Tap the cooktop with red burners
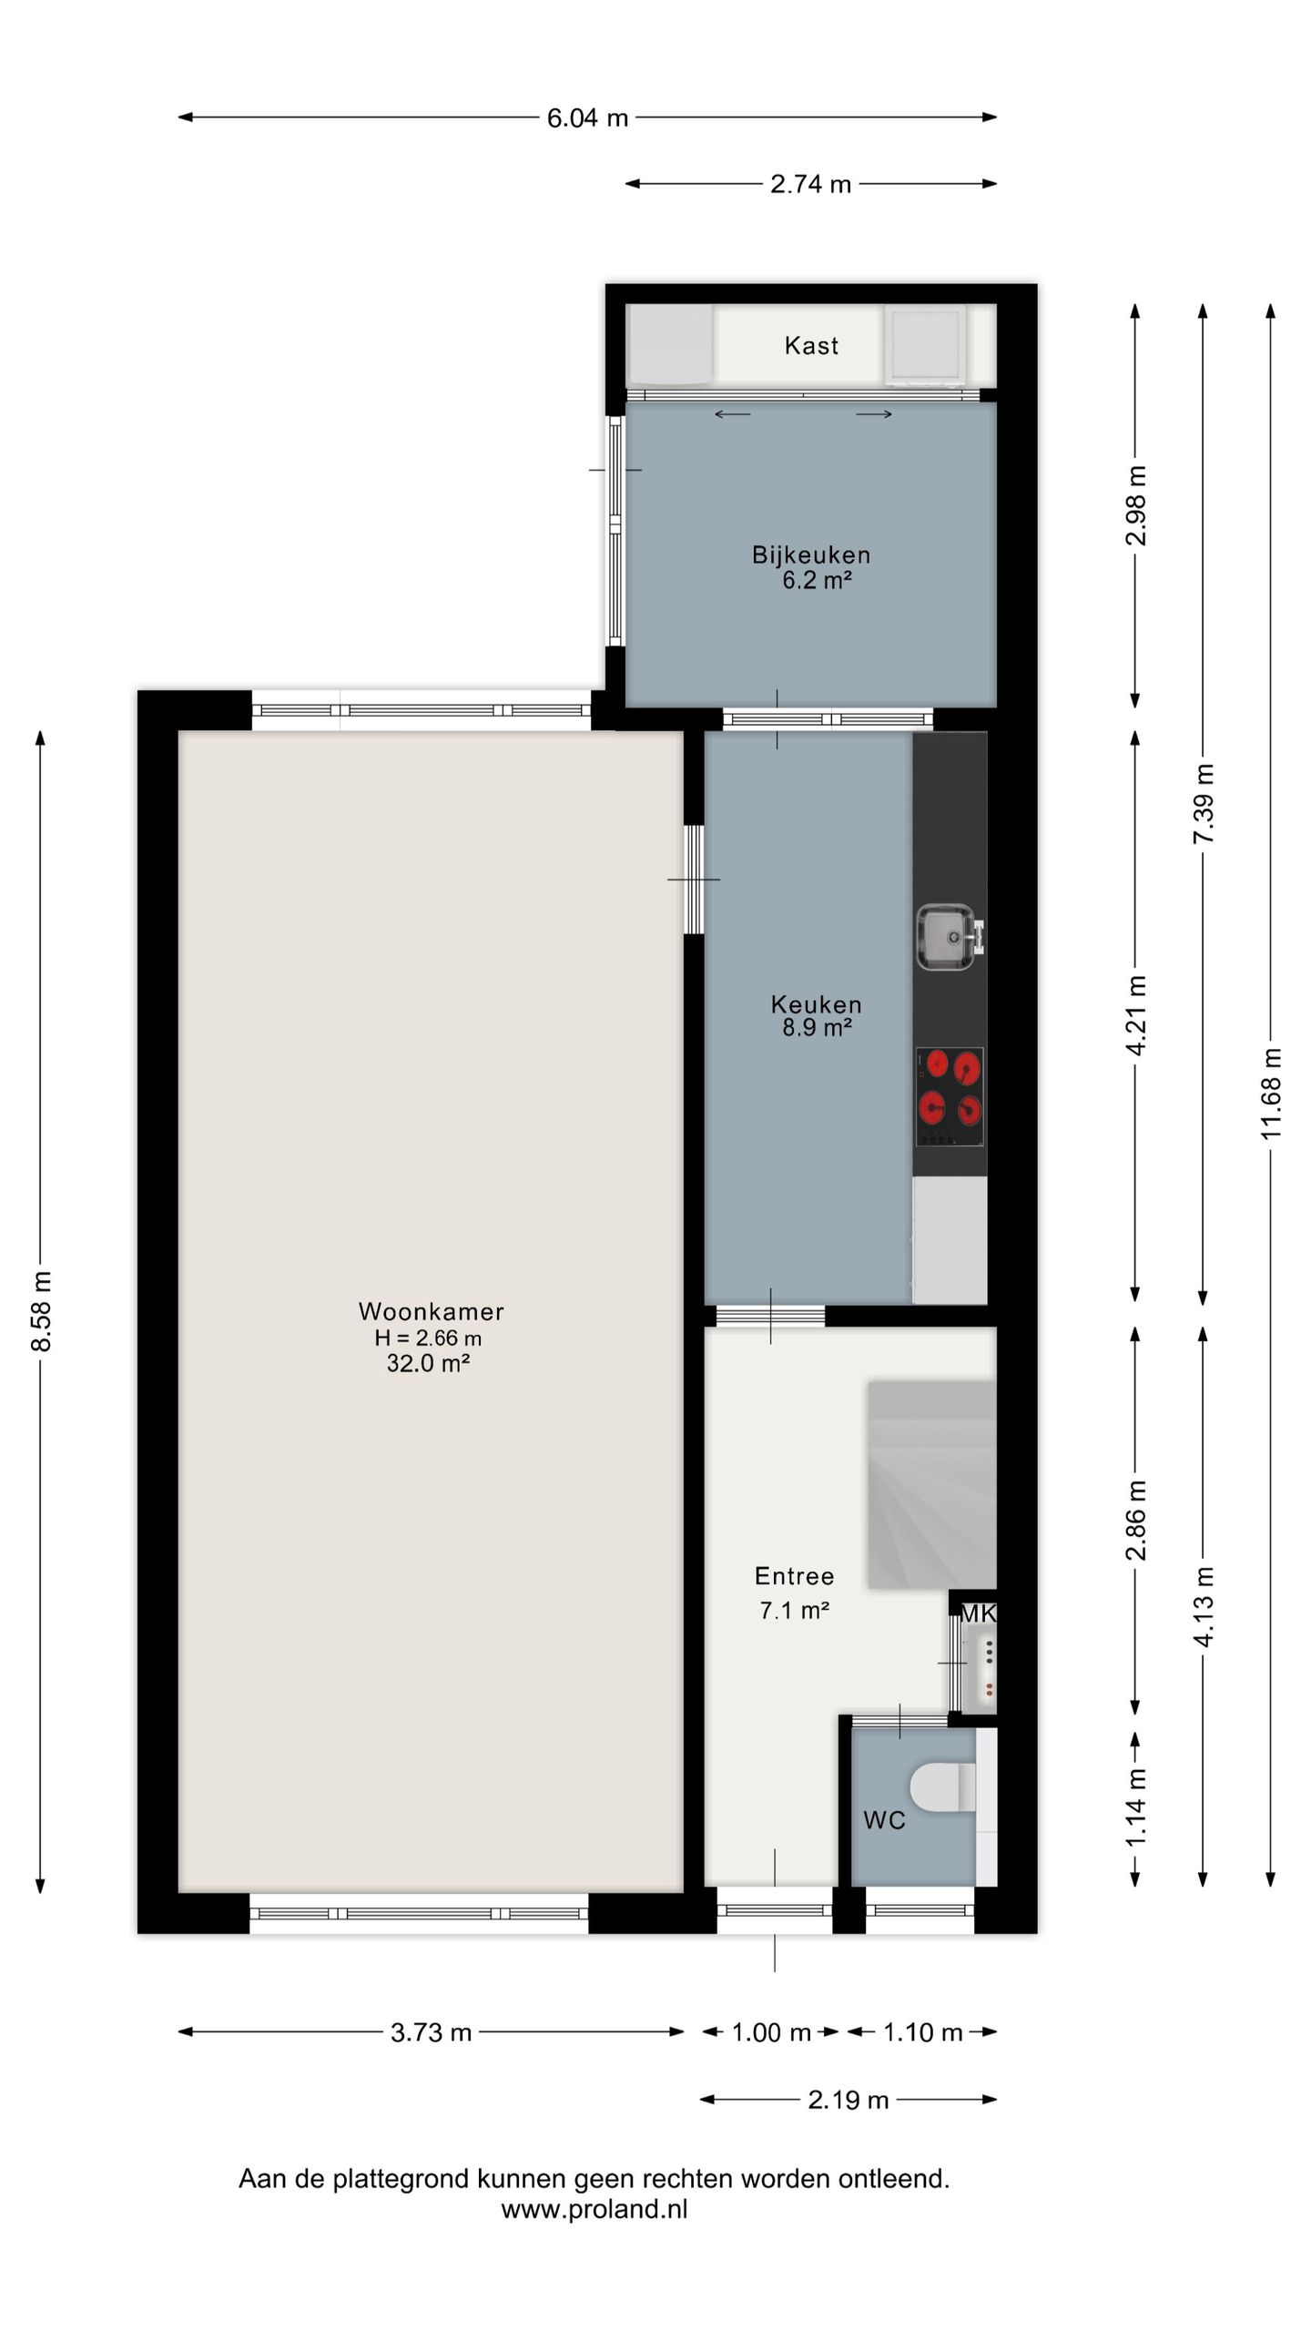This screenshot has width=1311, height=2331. coord(950,1096)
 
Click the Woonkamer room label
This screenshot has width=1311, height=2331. coord(431,1311)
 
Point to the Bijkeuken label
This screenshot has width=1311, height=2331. coord(810,555)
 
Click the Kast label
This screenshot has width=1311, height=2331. coord(811,346)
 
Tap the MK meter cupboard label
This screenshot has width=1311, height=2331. coord(979,1613)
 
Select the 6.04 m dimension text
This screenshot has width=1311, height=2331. coord(587,118)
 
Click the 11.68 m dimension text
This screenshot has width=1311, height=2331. coord(1271,1093)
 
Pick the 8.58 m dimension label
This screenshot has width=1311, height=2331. coord(42,1311)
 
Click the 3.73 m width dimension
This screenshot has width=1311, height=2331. coord(431,2032)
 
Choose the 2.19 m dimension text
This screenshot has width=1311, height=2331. coord(848,2100)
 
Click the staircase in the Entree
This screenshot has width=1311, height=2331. coord(931,1485)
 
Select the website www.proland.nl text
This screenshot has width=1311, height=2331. coord(594,2209)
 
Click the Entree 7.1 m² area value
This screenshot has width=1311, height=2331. coord(794,1611)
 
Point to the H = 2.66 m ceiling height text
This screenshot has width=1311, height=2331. coord(428,1338)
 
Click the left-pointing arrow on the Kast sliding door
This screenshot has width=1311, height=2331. coord(732,415)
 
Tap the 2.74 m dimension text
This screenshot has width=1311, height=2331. coord(810,185)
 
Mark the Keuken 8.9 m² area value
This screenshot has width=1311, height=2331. coord(817,1028)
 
